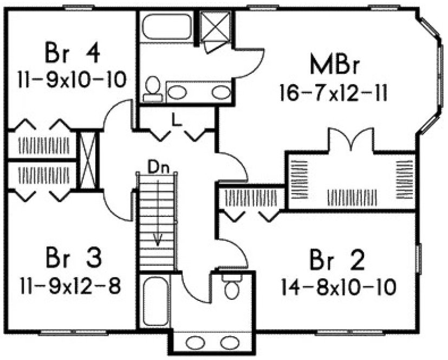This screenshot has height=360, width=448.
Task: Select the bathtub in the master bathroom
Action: point(167,27)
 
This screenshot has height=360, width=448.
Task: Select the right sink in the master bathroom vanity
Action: point(220,92)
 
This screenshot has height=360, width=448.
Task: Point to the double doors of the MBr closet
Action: point(352,140)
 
